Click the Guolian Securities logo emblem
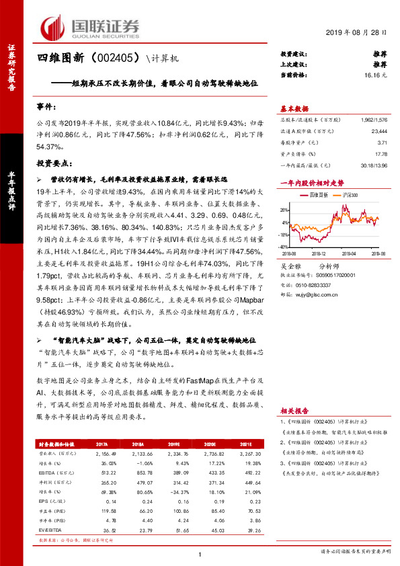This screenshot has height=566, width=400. [x=53, y=26]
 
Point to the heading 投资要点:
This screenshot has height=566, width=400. [x=54, y=163]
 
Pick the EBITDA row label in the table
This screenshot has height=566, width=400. [x=46, y=474]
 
